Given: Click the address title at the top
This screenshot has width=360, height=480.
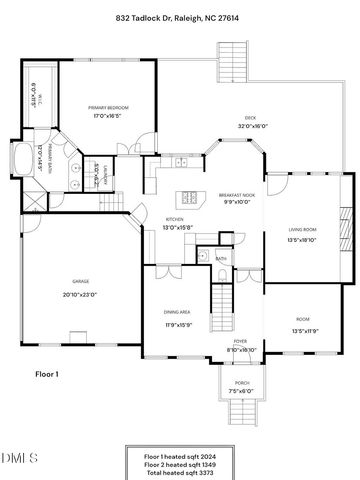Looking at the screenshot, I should coord(179,18).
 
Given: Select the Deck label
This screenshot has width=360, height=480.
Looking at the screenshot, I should coord(225,119).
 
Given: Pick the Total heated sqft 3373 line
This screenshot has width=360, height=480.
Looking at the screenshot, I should coord(179,471).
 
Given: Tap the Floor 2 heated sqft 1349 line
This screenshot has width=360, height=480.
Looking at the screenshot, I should coord(179,463).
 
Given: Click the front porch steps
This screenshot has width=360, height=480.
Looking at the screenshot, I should coord(241,410).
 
